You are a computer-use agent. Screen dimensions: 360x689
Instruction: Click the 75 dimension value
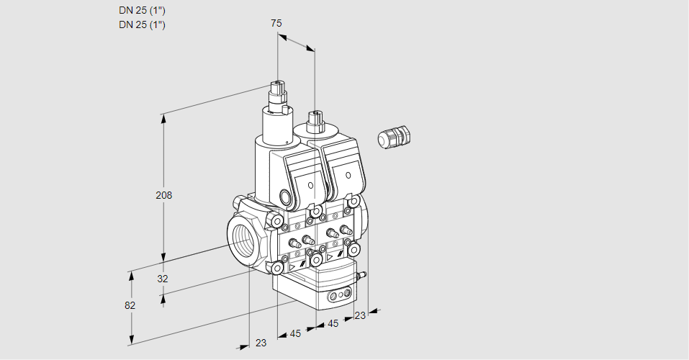[x=276, y=23]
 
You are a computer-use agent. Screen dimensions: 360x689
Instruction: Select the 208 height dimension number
[x=165, y=195]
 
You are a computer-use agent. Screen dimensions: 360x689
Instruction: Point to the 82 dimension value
[x=130, y=305]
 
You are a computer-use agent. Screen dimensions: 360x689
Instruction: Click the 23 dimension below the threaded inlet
[x=261, y=343]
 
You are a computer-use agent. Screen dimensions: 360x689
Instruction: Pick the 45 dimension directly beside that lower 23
[x=295, y=333]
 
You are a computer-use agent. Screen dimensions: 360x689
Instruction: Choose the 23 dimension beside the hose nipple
[x=360, y=315]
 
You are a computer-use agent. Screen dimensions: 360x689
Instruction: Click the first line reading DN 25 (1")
[x=142, y=11]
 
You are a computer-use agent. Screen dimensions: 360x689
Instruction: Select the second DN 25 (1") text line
[x=142, y=24]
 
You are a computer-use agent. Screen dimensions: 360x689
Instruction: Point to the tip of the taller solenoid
[x=276, y=84]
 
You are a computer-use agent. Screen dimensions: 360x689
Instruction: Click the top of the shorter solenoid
[x=314, y=115]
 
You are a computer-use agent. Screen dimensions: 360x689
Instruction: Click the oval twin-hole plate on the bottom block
[x=338, y=295]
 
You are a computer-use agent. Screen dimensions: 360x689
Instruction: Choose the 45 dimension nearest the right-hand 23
[x=333, y=324]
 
